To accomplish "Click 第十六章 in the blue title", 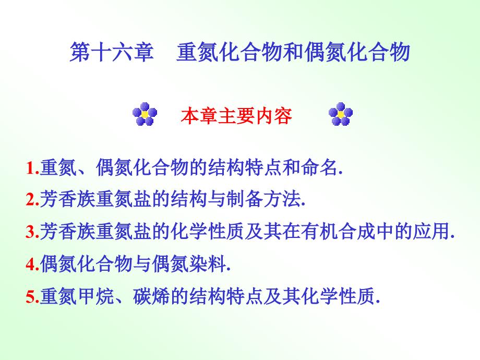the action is tap(112, 52).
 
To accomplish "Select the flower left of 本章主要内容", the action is tap(145, 114).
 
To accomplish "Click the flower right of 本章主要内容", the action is tap(341, 114).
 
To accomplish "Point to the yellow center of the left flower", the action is tap(145, 114).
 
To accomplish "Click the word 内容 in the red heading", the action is tap(273, 116).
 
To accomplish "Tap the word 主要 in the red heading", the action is tap(236, 116).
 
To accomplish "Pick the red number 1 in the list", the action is tap(31, 168).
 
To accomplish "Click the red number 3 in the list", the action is tap(31, 232).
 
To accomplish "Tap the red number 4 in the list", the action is tap(31, 264).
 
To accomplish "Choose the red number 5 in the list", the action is tap(31, 296).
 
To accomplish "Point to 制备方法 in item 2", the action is tap(263, 199).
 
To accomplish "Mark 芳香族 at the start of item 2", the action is tap(68, 199).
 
